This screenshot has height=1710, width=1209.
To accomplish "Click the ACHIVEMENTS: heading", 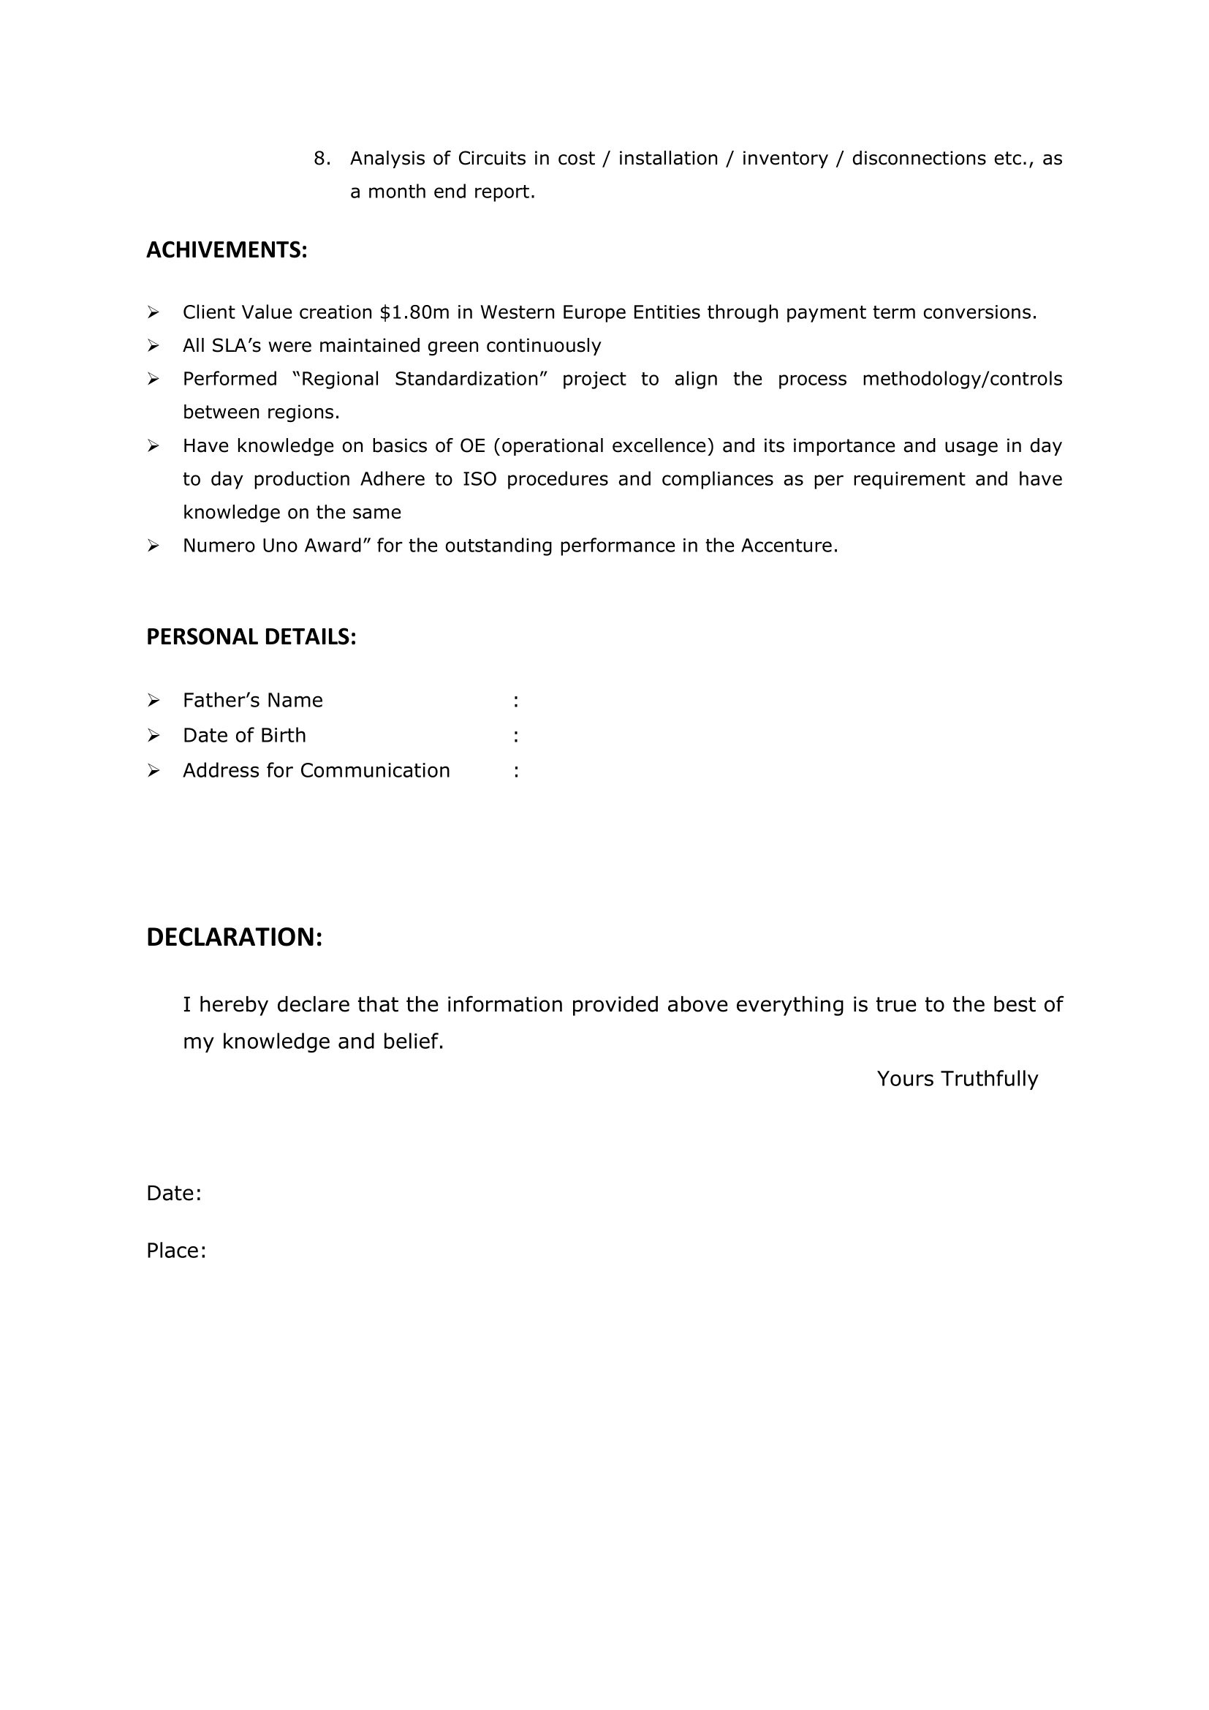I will coord(227,250).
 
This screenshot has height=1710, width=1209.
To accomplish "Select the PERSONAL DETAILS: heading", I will coord(251,637).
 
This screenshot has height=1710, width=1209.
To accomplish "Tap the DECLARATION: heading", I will coord(234,937).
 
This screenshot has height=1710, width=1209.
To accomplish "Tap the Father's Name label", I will coord(252,700).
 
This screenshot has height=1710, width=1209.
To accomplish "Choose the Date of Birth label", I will coord(244,735).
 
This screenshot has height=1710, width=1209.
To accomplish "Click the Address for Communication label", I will coord(317,770).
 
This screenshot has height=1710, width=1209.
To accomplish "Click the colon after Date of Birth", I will coord(516,736).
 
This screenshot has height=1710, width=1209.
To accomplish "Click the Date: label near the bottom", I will coord(173,1193).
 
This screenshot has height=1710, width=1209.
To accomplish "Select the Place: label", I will coord(175,1251).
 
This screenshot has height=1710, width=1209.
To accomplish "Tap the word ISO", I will coord(480,479).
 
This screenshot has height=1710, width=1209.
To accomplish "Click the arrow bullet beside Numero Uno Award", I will coord(154,546).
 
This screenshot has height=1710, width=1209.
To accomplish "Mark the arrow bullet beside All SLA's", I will coord(154,345).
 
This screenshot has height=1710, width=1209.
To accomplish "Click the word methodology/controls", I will coord(962,379).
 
